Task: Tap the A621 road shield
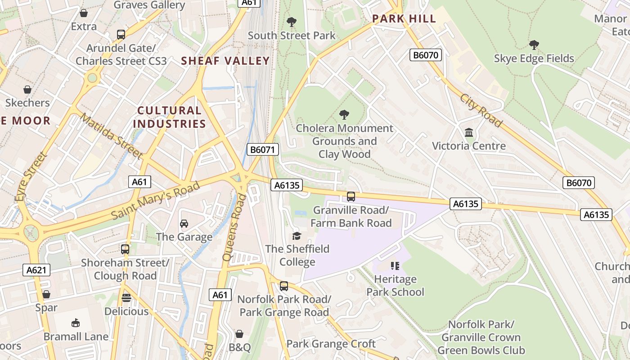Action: click(36, 270)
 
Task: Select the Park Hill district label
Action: click(404, 19)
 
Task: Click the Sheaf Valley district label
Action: click(225, 61)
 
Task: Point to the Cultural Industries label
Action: click(170, 117)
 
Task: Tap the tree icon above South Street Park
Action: click(292, 22)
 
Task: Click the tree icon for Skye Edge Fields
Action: click(534, 45)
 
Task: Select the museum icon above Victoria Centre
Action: click(469, 132)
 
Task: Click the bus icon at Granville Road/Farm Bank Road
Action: click(351, 197)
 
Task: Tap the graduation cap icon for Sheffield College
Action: click(297, 236)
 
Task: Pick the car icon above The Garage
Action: click(184, 224)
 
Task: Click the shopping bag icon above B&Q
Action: click(239, 334)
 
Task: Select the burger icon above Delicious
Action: click(126, 298)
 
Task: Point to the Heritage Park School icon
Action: click(395, 266)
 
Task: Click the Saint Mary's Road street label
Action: click(155, 201)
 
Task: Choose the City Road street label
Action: click(481, 110)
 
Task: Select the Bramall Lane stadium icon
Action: click(76, 323)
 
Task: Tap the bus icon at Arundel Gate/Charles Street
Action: click(121, 35)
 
